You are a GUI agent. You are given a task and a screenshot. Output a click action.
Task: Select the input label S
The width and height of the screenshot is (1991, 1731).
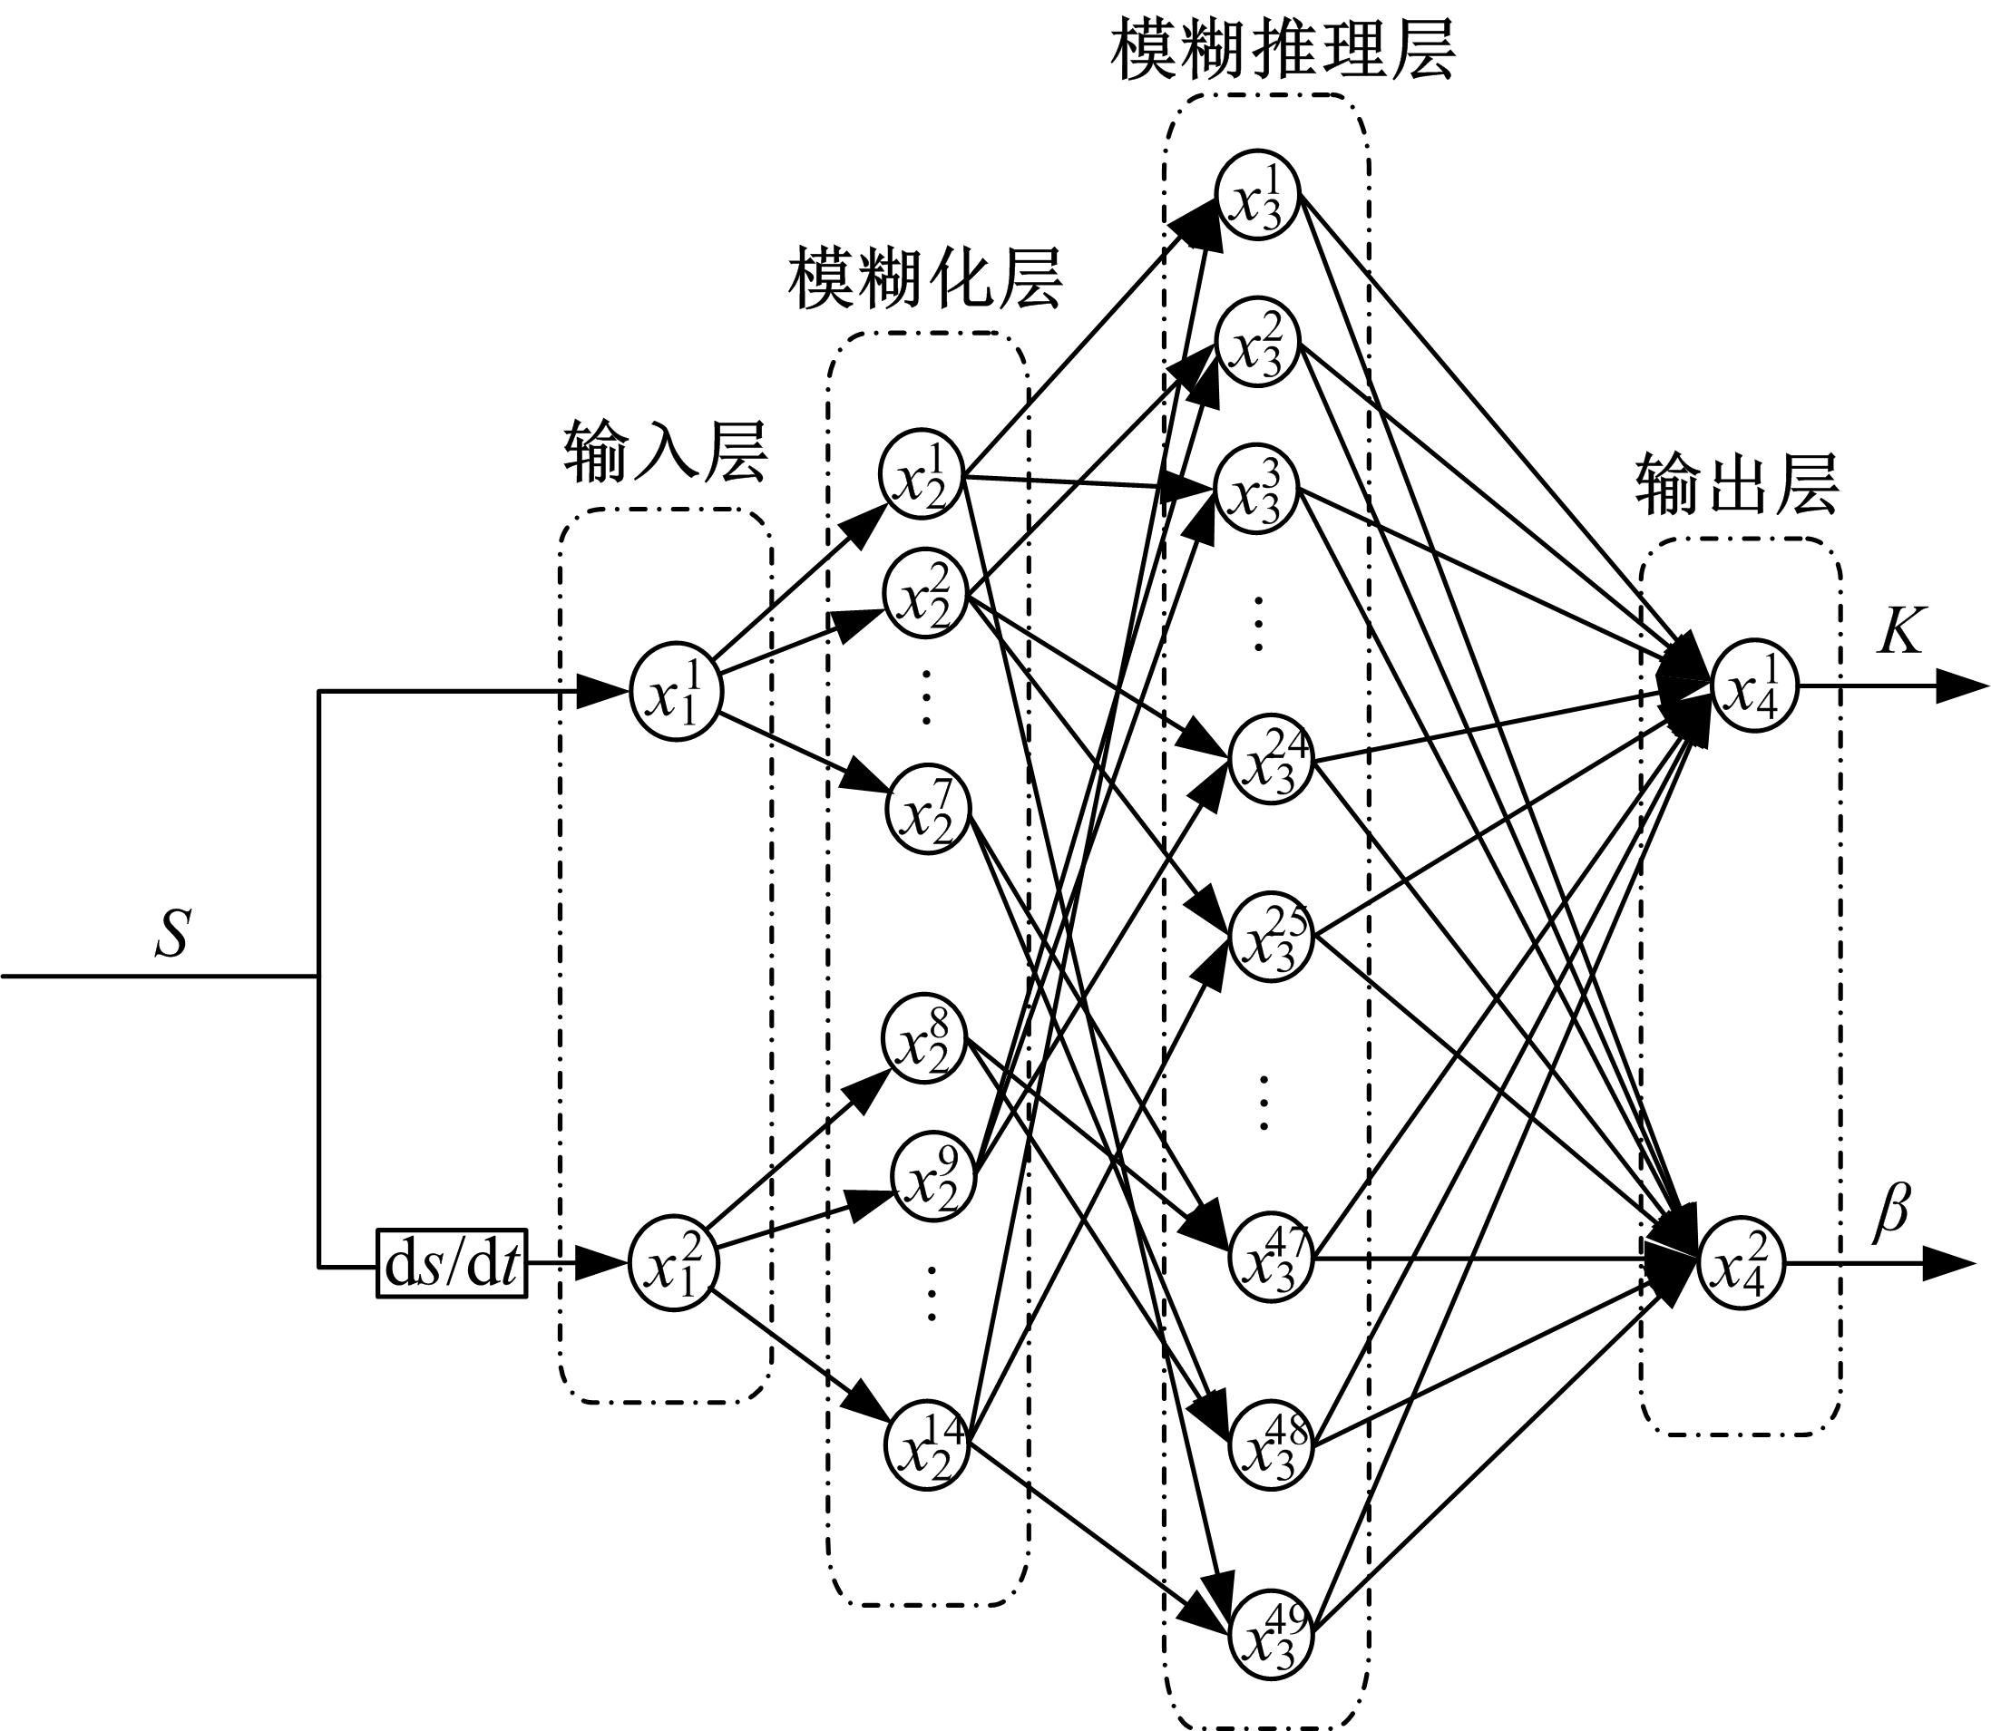coord(172,934)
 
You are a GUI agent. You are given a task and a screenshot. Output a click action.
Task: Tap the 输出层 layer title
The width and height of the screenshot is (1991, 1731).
coord(1737,485)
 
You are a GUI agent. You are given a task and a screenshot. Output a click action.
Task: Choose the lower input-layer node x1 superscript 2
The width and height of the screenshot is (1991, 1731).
coord(674,1264)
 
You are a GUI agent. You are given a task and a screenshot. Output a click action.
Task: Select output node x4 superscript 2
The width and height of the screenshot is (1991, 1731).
coord(1743,1263)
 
